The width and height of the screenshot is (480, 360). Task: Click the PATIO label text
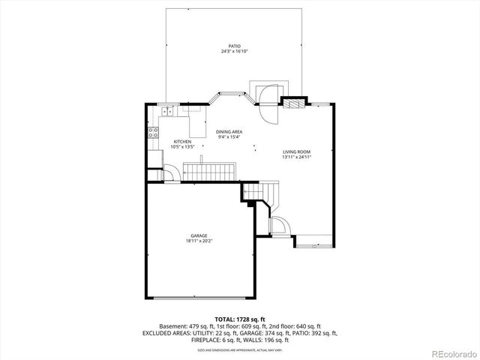(x=235, y=46)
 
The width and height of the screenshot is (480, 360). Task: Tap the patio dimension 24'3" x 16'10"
(x=235, y=52)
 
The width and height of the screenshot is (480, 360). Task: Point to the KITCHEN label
(x=182, y=142)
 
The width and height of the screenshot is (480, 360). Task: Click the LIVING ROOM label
(x=296, y=151)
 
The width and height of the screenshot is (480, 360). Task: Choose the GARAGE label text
(x=199, y=235)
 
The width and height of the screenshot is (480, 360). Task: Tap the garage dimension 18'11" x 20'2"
(x=199, y=241)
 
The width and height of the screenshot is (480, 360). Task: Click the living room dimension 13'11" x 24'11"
(x=296, y=157)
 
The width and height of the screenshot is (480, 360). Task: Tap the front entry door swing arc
(x=277, y=226)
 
